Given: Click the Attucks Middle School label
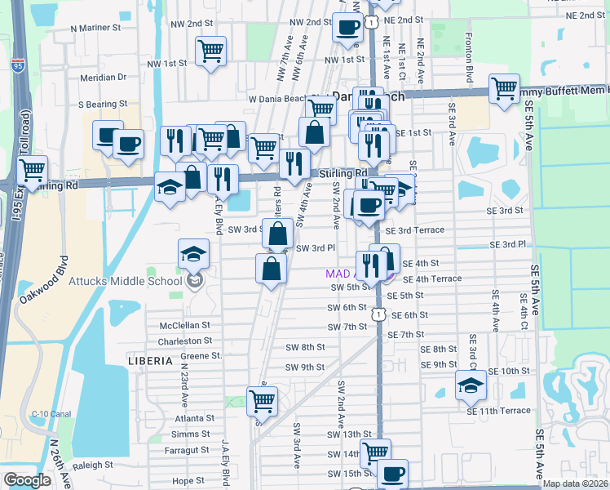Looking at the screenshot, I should (x=131, y=282).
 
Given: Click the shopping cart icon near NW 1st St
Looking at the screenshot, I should (x=210, y=52).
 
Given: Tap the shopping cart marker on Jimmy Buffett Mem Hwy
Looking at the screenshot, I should (x=505, y=87).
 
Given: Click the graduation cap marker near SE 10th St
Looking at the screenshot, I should (x=471, y=385).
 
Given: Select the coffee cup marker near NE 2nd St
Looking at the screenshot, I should (x=347, y=28).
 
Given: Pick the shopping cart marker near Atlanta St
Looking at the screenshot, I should (x=262, y=401).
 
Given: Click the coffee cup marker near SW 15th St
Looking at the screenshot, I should (x=392, y=473).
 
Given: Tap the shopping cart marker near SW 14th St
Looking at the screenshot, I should (x=374, y=452).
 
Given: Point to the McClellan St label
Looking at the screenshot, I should (x=185, y=325).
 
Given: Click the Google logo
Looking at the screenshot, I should (x=26, y=480).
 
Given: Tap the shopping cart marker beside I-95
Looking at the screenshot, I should (x=32, y=171).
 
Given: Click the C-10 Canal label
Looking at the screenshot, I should (x=49, y=414).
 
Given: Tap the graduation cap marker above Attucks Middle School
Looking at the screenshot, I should (x=193, y=254).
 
